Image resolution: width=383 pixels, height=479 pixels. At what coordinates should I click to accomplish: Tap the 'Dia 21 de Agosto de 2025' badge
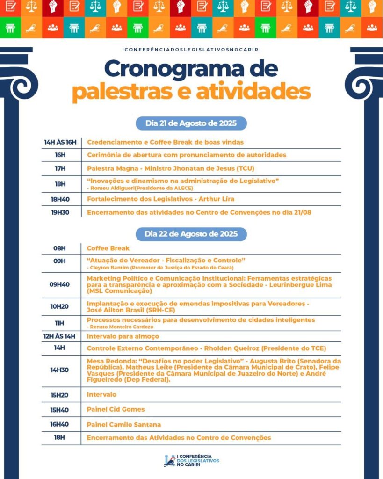tap(191, 123)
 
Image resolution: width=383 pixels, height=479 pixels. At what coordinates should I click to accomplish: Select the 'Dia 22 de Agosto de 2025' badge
tap(191, 234)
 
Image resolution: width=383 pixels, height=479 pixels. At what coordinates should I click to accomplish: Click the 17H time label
tap(60, 168)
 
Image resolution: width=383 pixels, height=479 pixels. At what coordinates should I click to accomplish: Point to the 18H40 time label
tap(60, 199)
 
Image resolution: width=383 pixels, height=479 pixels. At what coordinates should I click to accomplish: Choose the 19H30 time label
tap(60, 212)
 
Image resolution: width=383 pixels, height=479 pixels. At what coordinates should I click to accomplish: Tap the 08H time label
tap(60, 248)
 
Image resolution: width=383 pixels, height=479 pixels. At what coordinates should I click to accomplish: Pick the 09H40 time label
tap(60, 284)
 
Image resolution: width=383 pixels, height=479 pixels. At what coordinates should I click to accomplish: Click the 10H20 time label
tap(60, 306)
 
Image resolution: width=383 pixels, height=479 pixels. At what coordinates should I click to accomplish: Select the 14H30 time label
tap(60, 370)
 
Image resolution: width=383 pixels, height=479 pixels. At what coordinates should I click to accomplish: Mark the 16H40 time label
tap(60, 425)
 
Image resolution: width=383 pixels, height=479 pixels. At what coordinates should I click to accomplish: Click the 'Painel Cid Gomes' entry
tap(116, 409)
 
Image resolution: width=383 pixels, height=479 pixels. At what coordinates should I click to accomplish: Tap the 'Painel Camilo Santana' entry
tap(123, 425)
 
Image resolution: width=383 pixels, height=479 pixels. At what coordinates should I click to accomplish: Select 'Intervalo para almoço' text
tap(123, 336)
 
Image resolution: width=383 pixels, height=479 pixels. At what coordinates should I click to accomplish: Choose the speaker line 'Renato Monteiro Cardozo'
tap(122, 326)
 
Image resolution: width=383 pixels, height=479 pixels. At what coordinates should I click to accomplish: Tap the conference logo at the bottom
tap(191, 460)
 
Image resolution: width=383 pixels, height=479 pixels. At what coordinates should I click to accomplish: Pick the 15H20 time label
tap(60, 395)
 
